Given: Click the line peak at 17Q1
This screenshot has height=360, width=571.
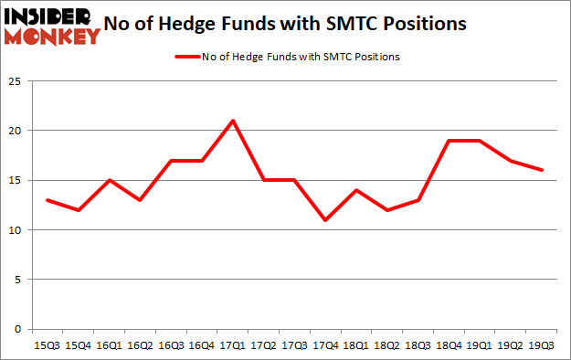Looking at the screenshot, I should pos(233,121).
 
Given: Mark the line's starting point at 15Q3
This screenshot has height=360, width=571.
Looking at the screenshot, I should pos(48,200).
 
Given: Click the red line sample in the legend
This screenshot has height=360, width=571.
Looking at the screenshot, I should pos(185,57).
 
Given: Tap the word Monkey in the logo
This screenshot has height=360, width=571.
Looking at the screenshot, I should pos(53,37).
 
